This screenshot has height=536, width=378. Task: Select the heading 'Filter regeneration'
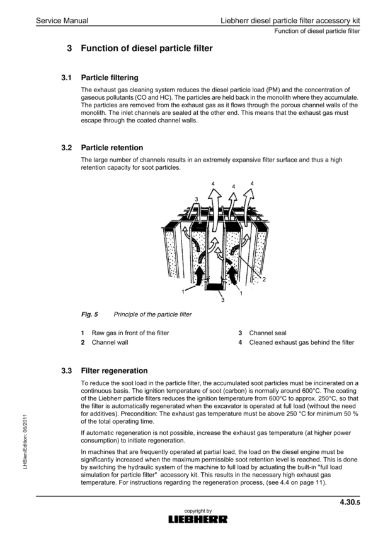pyautogui.click(x=115, y=371)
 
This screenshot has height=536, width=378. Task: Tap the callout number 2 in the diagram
pyautogui.click(x=263, y=279)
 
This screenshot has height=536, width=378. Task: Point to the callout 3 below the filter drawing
pyautogui.click(x=222, y=300)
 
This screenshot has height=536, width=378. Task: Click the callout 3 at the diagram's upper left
pyautogui.click(x=197, y=199)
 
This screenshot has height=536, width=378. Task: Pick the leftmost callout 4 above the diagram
pyautogui.click(x=213, y=184)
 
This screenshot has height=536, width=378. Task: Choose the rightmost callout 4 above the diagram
pyautogui.click(x=253, y=184)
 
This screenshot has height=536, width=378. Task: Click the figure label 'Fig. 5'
pyautogui.click(x=89, y=314)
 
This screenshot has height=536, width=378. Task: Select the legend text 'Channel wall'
pyautogui.click(x=110, y=343)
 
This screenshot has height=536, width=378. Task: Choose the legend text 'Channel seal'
pyautogui.click(x=268, y=333)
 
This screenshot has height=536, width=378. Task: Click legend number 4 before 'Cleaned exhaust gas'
pyautogui.click(x=240, y=343)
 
